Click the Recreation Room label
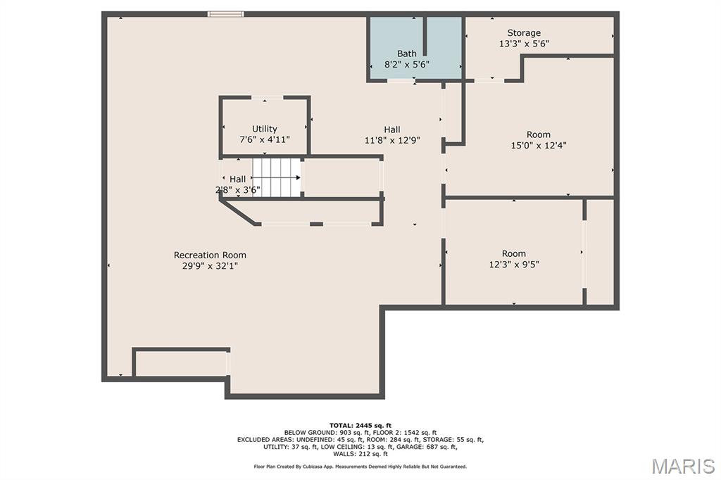click(210, 255)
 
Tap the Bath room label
click(407, 53)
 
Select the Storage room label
click(524, 33)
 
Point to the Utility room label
click(265, 129)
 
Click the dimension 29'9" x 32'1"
click(210, 266)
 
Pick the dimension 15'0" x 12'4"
click(539, 146)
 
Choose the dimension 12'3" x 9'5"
click(513, 265)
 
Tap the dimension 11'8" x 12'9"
click(392, 141)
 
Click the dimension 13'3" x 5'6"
click(524, 44)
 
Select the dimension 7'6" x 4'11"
click(265, 140)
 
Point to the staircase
click(276, 177)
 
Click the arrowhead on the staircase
click(299, 177)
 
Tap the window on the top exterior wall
click(225, 14)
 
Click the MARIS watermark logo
click(683, 466)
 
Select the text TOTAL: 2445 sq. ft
click(360, 426)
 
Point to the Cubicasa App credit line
click(360, 467)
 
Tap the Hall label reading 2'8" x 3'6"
click(238, 184)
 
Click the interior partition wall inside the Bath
click(425, 37)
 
